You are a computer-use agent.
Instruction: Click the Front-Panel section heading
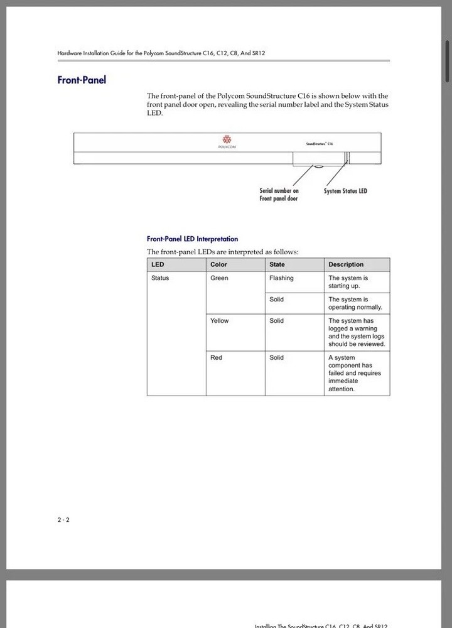tap(82, 80)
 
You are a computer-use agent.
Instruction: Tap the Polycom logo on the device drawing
tap(227, 141)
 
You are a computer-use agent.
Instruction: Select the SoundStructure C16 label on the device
tap(320, 144)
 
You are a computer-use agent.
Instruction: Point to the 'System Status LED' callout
tap(345, 191)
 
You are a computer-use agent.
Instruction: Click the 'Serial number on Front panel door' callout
tap(279, 194)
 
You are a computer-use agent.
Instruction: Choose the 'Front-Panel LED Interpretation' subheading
tap(192, 239)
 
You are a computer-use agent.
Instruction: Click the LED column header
tap(158, 264)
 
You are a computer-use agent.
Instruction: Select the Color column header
tap(218, 264)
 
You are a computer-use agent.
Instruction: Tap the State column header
tap(277, 264)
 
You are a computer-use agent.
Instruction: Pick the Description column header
tap(346, 264)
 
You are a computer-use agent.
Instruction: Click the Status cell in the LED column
tap(160, 278)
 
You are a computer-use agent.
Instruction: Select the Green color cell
tap(219, 278)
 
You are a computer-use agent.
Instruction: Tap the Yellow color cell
tap(219, 320)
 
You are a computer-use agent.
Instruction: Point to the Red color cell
tap(216, 357)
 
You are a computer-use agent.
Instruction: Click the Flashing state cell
tap(281, 278)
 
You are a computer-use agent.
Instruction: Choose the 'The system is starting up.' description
tap(348, 281)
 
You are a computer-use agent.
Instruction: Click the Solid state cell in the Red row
tap(276, 357)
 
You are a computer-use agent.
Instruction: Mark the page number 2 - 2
tap(63, 519)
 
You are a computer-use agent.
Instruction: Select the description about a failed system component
tap(354, 373)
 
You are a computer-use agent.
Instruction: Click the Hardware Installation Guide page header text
tap(161, 53)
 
